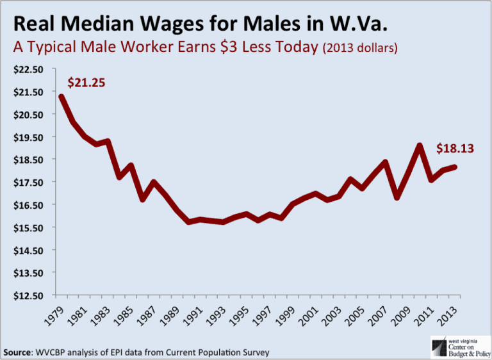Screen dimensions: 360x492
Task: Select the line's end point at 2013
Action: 455,167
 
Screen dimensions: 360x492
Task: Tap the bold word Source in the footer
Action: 20,352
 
